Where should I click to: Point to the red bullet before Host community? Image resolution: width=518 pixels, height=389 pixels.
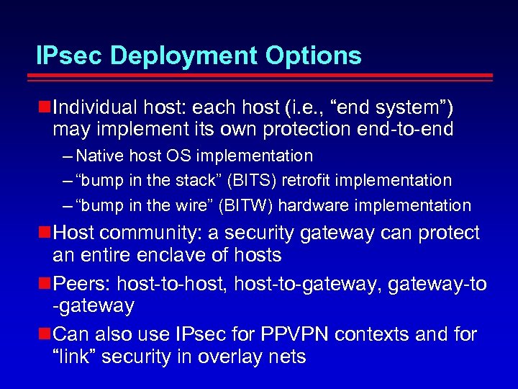click(x=44, y=233)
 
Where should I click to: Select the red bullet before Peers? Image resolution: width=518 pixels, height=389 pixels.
click(x=44, y=284)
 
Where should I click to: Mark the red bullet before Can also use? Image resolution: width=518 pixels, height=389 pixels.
click(x=44, y=334)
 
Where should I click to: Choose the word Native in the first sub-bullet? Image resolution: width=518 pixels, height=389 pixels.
click(x=99, y=156)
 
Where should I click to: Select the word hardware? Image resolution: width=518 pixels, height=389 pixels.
click(x=311, y=205)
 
